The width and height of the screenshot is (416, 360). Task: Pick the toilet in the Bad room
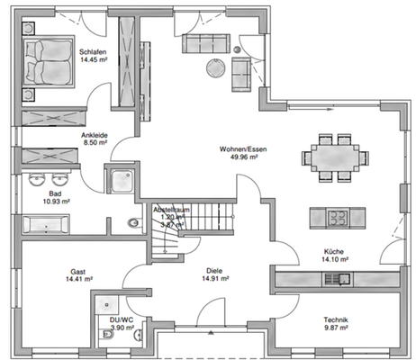pos(135,226)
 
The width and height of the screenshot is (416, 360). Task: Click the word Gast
pos(77,271)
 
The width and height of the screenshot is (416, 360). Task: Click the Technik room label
pos(336,321)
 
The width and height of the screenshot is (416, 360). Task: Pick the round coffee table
pos(216,67)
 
